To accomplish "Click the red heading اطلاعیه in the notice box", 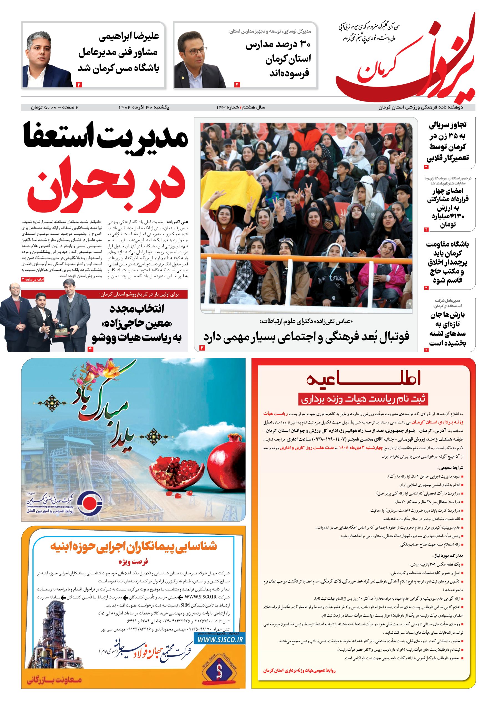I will click(x=363, y=379).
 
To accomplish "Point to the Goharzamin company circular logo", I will click(x=89, y=503).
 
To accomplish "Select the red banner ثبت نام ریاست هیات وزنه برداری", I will click(x=363, y=399).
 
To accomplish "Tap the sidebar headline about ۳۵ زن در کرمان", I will click(x=448, y=141).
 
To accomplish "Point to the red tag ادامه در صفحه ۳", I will click(x=33, y=279).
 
